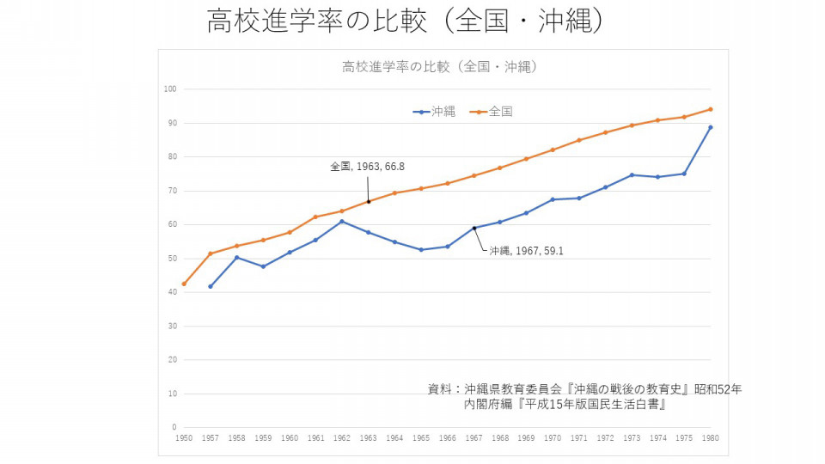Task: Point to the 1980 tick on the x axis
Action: coord(711,438)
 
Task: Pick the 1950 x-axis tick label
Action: coord(184,438)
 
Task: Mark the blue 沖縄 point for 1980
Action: coord(711,127)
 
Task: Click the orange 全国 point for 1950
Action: coord(184,284)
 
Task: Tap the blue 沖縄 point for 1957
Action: coord(211,286)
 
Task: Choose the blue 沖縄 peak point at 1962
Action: coord(342,221)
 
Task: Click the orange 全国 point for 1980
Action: coord(711,109)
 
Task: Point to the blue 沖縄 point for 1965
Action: coord(421,250)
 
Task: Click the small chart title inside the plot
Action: coord(439,66)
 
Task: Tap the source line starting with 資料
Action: coord(584,389)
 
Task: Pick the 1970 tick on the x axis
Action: coord(553,438)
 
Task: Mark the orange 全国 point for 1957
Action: coord(211,253)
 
